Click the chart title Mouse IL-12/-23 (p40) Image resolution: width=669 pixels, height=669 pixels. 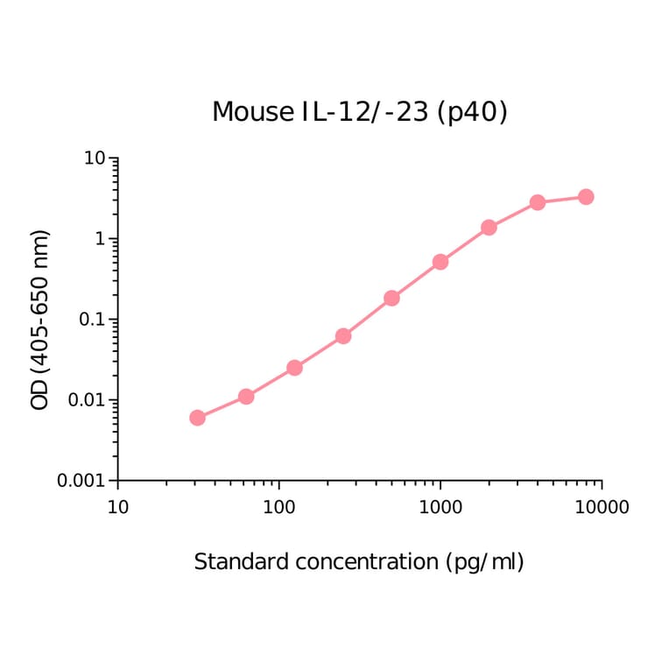(359, 112)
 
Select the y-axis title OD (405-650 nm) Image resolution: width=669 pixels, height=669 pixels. (40, 320)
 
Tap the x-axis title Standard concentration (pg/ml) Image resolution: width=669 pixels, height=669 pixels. (359, 561)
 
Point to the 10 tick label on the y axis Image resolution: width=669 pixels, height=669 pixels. (95, 158)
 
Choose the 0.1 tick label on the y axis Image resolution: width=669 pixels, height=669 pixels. (91, 320)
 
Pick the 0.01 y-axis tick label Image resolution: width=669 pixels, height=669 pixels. (87, 400)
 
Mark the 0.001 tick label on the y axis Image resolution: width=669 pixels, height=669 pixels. (82, 481)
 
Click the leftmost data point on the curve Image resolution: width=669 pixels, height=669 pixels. (197, 418)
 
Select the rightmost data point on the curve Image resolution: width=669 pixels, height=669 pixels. (586, 197)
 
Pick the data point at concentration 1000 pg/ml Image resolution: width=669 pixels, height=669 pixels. (440, 262)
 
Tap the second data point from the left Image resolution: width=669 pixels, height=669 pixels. (246, 397)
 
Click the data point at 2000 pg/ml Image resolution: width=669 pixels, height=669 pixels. (489, 228)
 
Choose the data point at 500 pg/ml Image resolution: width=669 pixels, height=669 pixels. (391, 298)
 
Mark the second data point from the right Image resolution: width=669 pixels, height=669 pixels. (538, 202)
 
